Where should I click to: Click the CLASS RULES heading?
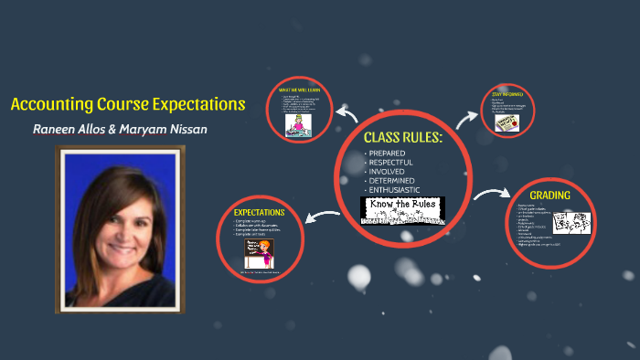(x=403, y=137)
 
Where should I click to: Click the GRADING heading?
(x=549, y=195)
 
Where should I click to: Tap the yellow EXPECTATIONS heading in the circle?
(x=260, y=212)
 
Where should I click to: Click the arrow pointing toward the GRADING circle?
(x=492, y=196)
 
